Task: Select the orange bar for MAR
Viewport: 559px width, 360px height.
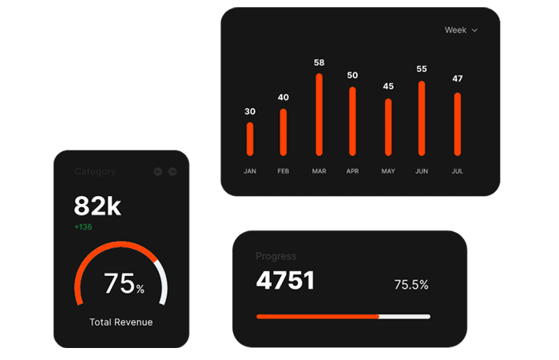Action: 319,114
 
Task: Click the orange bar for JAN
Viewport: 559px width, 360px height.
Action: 250,138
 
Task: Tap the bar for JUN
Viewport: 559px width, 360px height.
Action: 422,118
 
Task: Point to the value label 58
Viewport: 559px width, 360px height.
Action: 319,62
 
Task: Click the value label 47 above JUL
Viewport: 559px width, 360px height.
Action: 458,78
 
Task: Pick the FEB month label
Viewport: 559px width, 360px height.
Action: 283,171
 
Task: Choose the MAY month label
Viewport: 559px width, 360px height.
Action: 388,171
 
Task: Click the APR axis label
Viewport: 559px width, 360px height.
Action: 353,171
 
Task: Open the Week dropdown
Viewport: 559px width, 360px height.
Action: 461,30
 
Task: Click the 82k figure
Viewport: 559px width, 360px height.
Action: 97,206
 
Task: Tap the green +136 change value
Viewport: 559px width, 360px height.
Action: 83,227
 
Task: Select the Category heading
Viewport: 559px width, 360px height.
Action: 95,171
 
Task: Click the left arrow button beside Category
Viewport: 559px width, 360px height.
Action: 157,171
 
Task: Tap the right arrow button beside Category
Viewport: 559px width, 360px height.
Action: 172,171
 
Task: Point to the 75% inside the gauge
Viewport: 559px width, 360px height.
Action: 123,284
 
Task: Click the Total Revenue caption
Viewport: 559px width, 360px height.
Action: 121,322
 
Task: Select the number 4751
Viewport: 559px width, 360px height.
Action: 285,281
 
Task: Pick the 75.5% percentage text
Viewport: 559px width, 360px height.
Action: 411,285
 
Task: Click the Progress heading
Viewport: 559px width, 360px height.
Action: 276,257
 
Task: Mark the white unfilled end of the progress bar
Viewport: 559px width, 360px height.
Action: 405,317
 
